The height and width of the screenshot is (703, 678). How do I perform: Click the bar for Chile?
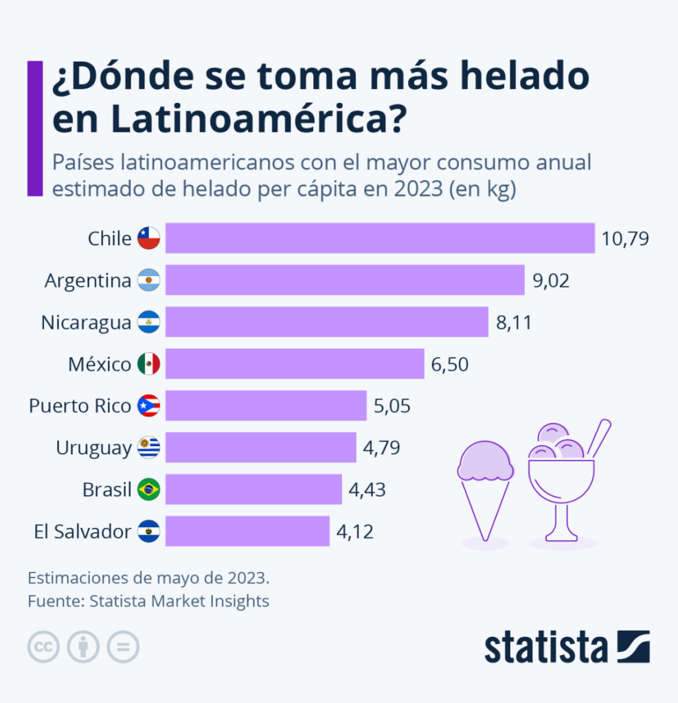(380, 238)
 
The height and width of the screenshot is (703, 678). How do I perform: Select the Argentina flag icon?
(148, 280)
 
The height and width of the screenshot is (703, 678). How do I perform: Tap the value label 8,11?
(514, 322)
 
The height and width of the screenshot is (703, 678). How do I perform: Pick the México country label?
(99, 364)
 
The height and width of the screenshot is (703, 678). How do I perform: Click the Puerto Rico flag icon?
(148, 406)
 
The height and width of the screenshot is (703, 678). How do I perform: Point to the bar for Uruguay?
(260, 448)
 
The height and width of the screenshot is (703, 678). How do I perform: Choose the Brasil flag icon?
(148, 489)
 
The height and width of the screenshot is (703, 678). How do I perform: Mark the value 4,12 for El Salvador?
(354, 531)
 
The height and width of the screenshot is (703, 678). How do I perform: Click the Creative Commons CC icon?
(43, 647)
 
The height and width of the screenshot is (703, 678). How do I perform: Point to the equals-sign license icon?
(123, 647)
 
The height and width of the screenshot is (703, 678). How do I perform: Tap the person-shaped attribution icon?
(83, 647)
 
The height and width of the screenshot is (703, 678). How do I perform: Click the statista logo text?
(546, 647)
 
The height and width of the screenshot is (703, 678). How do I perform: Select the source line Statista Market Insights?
(179, 601)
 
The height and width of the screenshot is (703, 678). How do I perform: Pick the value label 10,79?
(625, 238)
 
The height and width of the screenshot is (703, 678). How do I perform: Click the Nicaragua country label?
(86, 322)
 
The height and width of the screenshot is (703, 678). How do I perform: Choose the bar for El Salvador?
(247, 531)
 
